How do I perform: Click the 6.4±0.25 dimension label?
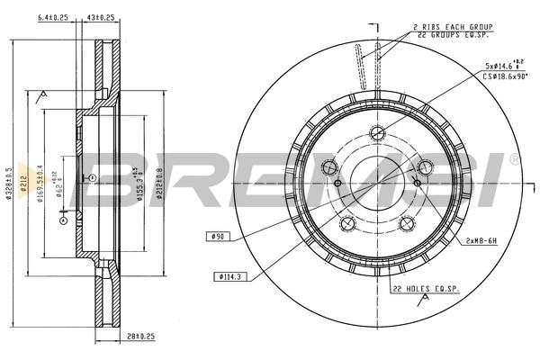coord(53,16)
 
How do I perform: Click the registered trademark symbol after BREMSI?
coord(514,159)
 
